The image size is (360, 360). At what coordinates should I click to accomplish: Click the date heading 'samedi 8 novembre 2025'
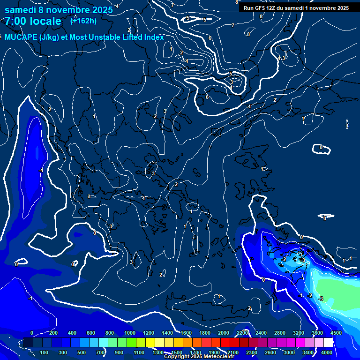(x=59, y=10)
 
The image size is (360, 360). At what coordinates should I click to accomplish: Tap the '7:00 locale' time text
(x=33, y=21)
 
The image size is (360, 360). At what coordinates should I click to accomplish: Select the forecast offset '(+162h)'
(x=83, y=21)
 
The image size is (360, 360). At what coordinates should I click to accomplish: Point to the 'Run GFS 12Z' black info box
(x=296, y=8)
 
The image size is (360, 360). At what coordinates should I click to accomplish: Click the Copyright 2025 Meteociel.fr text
(x=199, y=357)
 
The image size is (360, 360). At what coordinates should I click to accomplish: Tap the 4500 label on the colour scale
(x=336, y=333)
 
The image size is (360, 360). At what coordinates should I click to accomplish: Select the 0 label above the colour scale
(x=32, y=333)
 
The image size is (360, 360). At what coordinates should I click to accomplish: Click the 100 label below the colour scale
(x=45, y=352)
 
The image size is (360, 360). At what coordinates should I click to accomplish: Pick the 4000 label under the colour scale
(x=327, y=352)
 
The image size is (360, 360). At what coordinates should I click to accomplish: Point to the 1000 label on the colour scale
(x=130, y=333)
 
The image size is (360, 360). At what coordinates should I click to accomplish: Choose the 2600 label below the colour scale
(x=270, y=352)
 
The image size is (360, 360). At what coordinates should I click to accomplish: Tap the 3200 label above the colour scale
(x=299, y=333)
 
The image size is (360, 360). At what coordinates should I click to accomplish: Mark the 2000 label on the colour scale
(x=224, y=333)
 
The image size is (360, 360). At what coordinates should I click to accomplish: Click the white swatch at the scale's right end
(x=328, y=343)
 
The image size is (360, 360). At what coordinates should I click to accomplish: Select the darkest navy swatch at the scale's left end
(x=28, y=343)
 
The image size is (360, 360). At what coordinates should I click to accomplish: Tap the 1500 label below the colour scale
(x=177, y=352)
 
